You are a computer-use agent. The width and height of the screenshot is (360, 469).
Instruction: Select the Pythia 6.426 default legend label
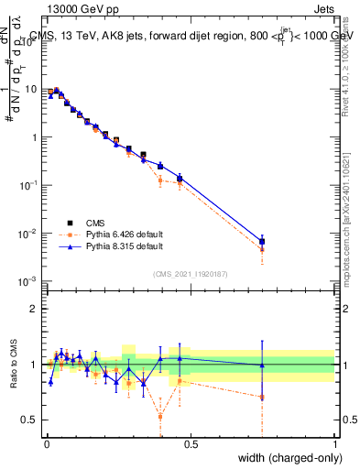click(x=125, y=234)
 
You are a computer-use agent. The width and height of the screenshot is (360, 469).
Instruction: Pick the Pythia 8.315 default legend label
click(x=125, y=246)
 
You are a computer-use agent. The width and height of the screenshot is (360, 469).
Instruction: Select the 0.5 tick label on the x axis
click(x=190, y=444)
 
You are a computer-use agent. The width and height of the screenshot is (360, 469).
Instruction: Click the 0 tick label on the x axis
click(x=45, y=444)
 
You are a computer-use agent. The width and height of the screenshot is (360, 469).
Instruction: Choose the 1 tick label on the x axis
click(x=334, y=444)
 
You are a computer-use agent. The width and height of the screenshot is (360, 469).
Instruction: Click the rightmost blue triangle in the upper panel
click(x=262, y=241)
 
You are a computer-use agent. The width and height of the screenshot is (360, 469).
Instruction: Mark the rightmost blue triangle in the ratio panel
click(x=262, y=365)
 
